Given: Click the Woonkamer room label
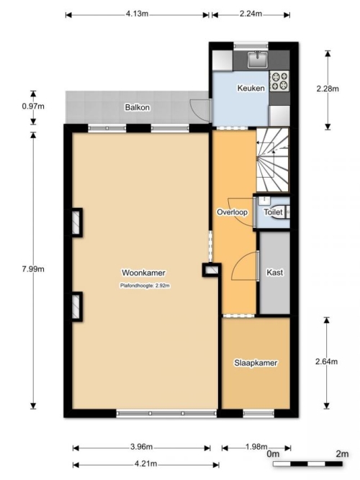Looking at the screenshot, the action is coord(143,273).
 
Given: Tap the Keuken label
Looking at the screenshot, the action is coord(251,89).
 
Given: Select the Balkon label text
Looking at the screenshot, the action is coord(138,107).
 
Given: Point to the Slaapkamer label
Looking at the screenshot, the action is coord(256,363).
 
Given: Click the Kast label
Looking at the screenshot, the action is coord(274,272).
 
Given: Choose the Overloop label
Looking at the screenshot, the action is coord(233,212).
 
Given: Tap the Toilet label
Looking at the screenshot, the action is coord(274,212).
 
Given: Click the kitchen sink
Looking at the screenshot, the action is coord(258,60).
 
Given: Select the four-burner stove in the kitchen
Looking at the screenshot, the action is coord(279,81).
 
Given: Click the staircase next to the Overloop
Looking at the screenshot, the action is coord(272,160).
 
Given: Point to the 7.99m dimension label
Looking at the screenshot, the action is coord(33,269).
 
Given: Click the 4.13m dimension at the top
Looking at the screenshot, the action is coord(137,14).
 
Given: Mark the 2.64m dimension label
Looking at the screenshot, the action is coord(327,361).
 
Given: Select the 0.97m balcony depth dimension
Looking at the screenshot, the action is coord(33,107).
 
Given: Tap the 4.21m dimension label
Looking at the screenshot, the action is coord(146,463).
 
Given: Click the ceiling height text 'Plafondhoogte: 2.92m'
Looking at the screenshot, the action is coord(145,286).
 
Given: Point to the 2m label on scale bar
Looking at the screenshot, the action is coord(342,453).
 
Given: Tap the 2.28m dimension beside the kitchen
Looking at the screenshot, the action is coord(328,89).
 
